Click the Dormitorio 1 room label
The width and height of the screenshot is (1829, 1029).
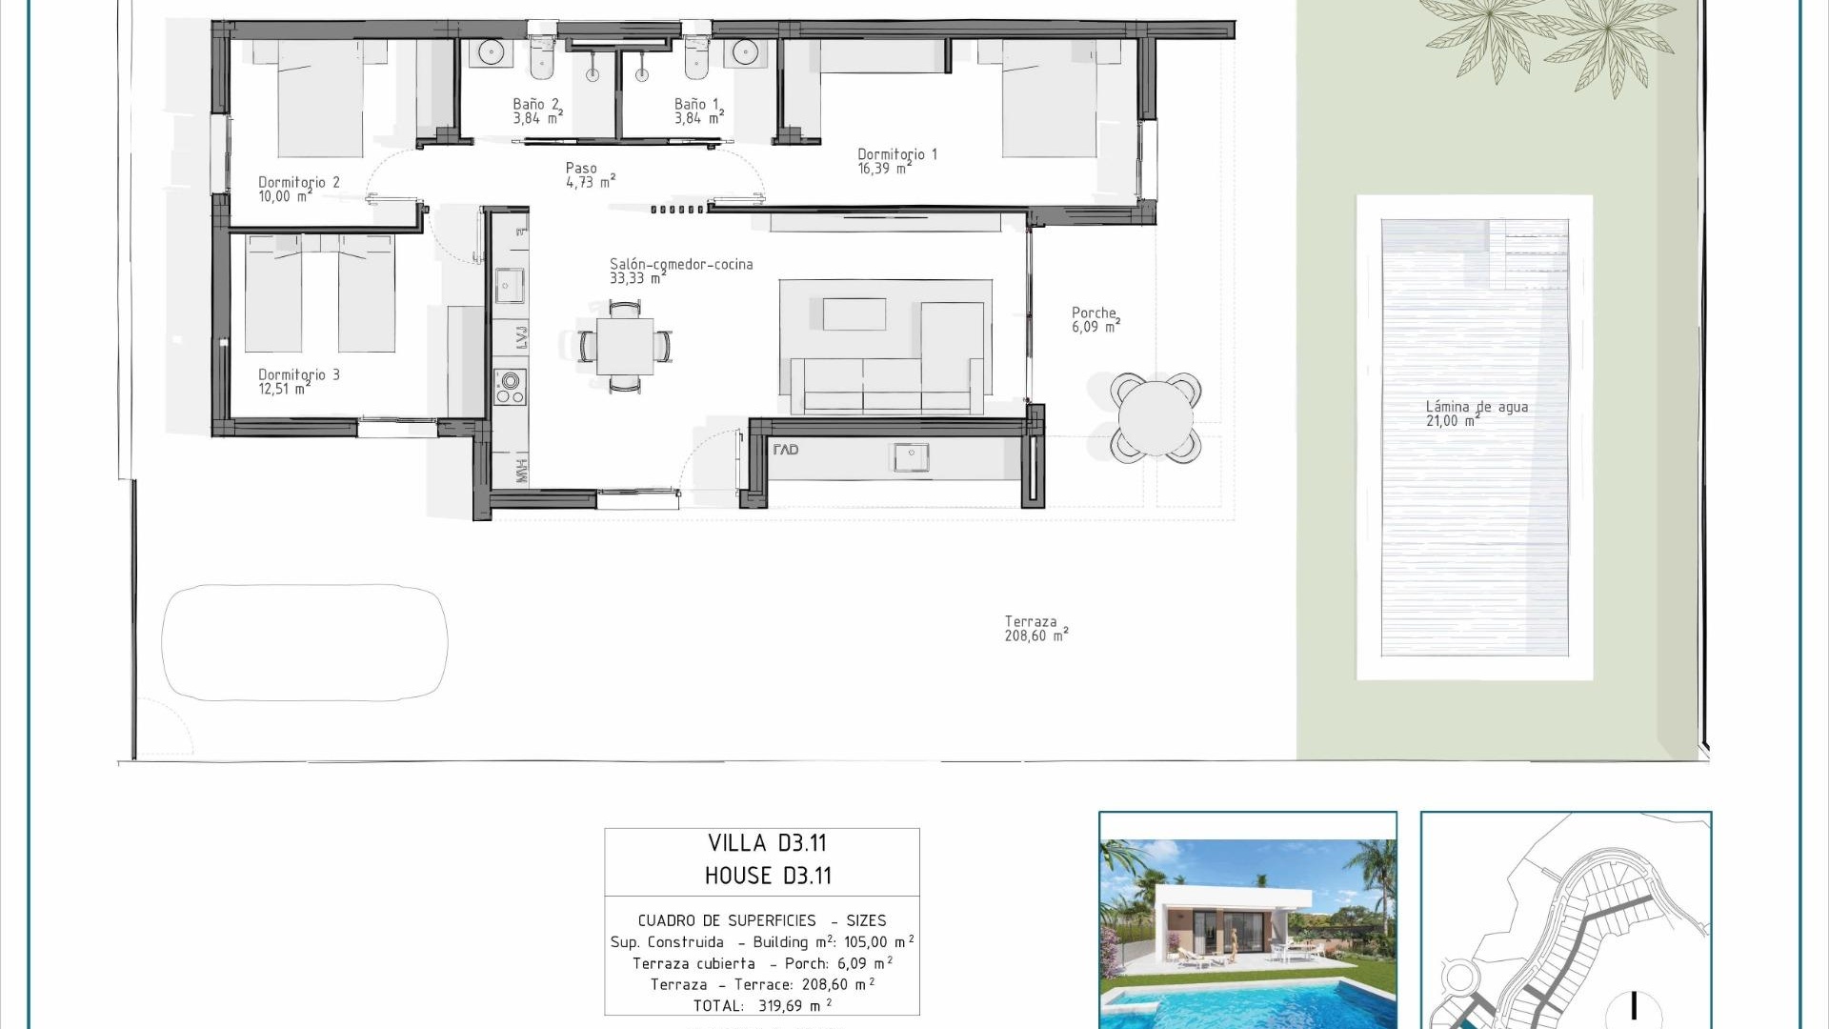tap(896, 161)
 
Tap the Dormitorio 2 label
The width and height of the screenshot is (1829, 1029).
tap(298, 189)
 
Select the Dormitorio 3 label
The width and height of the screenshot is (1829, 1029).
tap(298, 381)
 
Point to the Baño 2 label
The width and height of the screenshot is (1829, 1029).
tap(536, 111)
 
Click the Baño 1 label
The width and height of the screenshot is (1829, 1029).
tap(698, 111)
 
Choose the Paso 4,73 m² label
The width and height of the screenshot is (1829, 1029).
tap(590, 175)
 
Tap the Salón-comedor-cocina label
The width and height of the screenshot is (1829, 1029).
tap(680, 271)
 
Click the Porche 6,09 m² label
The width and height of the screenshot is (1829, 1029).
tap(1095, 319)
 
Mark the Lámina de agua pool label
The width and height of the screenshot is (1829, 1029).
tap(1476, 414)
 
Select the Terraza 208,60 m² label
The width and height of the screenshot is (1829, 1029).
tap(1035, 629)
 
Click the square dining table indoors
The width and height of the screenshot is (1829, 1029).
tap(625, 346)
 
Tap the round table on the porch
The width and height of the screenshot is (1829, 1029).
tap(1156, 417)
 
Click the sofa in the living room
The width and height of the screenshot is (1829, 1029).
tap(886, 385)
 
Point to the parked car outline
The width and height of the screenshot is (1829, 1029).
tap(305, 642)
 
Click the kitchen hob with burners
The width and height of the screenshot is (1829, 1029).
tap(510, 387)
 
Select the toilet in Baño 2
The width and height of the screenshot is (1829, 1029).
tap(541, 59)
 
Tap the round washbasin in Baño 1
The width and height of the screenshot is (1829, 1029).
tap(745, 52)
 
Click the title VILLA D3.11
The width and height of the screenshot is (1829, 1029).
tap(767, 843)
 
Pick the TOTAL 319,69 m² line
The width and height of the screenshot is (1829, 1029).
tap(762, 1005)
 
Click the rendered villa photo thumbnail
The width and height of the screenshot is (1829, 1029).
tap(1248, 919)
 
